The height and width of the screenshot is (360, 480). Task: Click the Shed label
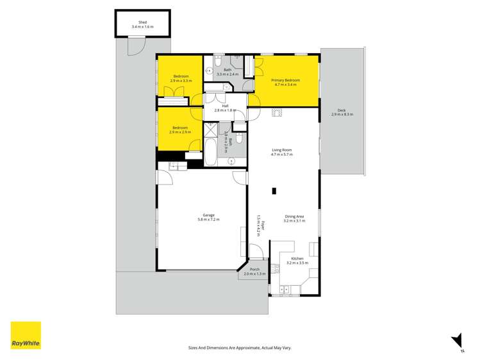[x=142, y=22]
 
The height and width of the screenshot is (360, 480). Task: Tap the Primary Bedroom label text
[x=286, y=80]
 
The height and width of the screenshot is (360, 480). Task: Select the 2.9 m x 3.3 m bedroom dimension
[x=180, y=81]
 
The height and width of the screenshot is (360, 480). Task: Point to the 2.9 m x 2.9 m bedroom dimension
[x=180, y=131]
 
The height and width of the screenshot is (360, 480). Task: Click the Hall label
[x=225, y=106]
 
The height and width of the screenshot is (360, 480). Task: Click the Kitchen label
[x=297, y=258]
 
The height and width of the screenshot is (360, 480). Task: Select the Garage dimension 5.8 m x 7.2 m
[x=209, y=219]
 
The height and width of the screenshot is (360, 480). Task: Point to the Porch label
[x=254, y=270]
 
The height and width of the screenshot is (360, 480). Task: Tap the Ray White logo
[x=26, y=335]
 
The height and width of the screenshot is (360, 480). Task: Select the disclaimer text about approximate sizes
[x=240, y=348]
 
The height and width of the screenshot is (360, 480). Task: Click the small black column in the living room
[x=274, y=190]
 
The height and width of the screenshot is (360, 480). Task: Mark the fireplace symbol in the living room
[x=277, y=113]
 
